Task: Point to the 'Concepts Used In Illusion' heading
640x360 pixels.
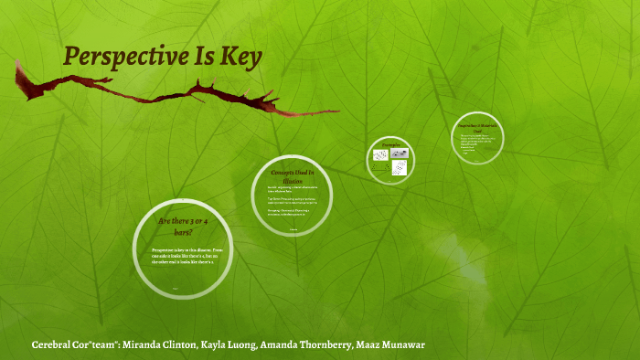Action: click(293, 175)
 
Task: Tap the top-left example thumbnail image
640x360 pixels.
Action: click(380, 155)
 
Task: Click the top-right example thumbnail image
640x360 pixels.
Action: click(399, 154)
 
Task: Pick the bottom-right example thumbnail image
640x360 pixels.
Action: click(399, 168)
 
